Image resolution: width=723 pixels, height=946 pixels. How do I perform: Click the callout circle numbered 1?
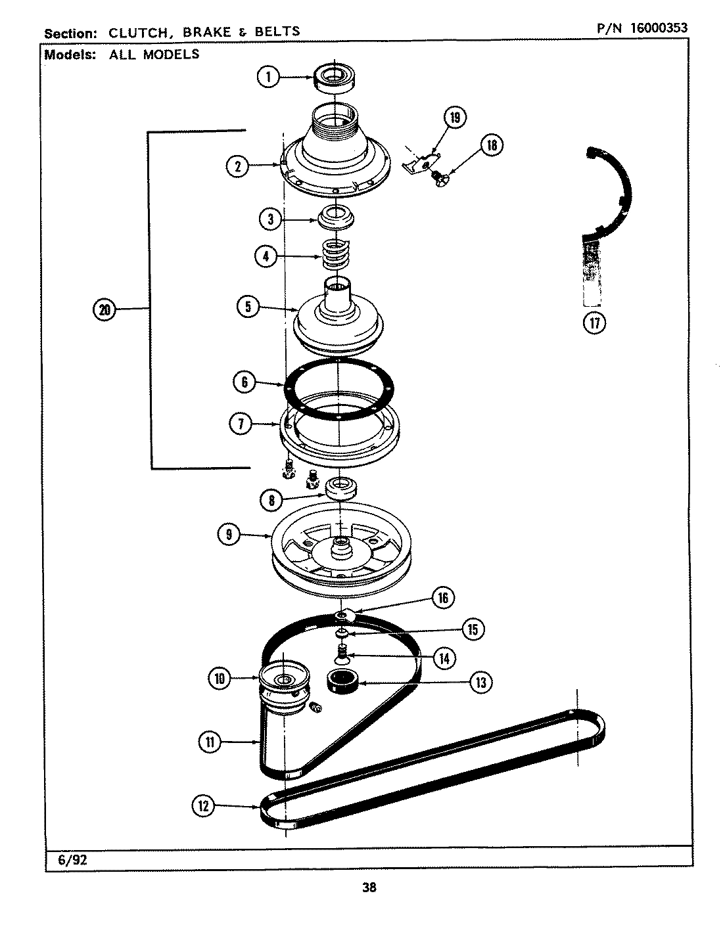tap(268, 78)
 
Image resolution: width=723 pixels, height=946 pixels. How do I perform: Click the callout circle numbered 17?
tap(594, 323)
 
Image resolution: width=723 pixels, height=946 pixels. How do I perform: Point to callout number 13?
tap(480, 683)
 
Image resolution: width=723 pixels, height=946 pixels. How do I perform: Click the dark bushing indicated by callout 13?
tap(341, 679)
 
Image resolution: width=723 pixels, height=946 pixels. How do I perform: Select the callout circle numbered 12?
tap(203, 805)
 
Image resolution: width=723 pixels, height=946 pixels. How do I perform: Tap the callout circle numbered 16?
tap(442, 597)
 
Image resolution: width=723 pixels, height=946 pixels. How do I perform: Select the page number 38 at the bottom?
tap(369, 888)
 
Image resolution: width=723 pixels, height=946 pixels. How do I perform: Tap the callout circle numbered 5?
tap(248, 307)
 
